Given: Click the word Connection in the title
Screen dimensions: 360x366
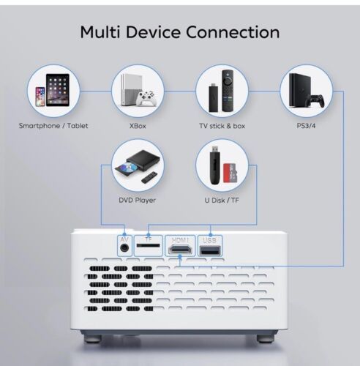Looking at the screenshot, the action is (x=233, y=32).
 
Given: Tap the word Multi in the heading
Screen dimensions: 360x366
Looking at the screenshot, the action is (x=100, y=32).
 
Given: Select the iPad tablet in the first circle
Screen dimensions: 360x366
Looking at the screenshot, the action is (x=58, y=90).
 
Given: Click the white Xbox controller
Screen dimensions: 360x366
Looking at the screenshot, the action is (x=146, y=98).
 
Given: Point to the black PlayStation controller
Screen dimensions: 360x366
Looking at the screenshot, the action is (x=315, y=101).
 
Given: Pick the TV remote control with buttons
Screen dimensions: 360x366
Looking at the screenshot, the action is (x=228, y=91).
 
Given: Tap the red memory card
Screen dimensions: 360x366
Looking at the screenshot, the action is (x=230, y=173).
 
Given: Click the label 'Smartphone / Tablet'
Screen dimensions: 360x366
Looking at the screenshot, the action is (x=53, y=126).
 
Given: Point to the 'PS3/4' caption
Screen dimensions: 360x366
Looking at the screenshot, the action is (x=306, y=126).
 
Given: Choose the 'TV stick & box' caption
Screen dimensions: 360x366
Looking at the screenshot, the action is (x=222, y=126).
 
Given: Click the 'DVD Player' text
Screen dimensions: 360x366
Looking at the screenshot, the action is (x=137, y=201).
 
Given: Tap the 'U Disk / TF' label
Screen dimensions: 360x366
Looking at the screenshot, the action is (x=222, y=201).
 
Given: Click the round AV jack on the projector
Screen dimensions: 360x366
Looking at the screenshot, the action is (x=124, y=248).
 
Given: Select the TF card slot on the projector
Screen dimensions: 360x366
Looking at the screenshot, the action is (x=149, y=245).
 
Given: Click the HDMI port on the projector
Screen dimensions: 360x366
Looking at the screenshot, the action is (x=180, y=250).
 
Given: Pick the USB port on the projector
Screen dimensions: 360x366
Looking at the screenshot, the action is (x=210, y=250).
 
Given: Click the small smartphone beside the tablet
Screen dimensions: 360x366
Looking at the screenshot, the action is (x=40, y=97).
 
